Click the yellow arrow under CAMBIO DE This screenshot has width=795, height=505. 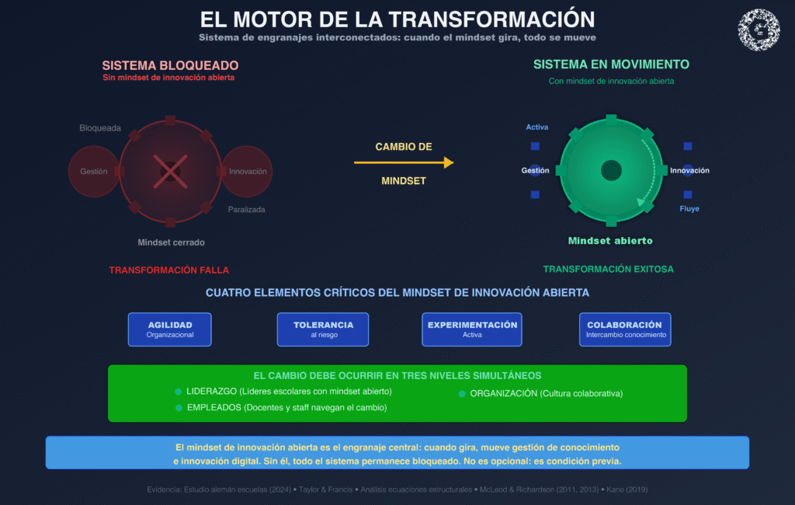(x=403, y=162)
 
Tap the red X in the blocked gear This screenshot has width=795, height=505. (x=169, y=171)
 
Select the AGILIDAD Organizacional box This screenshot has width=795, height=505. (x=170, y=329)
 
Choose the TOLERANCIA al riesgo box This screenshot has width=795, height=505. (x=323, y=329)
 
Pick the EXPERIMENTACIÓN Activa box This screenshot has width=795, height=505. (x=472, y=329)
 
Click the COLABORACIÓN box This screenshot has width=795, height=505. (x=625, y=329)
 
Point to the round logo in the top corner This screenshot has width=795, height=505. (x=759, y=30)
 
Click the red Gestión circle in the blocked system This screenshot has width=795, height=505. (x=94, y=172)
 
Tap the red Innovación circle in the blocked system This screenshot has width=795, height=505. (x=248, y=172)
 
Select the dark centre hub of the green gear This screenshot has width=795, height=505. (x=611, y=170)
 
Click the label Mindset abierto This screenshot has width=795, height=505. (x=610, y=241)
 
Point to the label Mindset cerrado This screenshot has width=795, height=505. (x=171, y=242)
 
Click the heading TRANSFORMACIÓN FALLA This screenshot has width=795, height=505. (x=169, y=270)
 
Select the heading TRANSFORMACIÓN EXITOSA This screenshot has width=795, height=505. (x=609, y=269)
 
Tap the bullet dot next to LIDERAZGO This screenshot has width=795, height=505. (x=179, y=391)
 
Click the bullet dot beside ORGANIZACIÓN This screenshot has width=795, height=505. (x=462, y=394)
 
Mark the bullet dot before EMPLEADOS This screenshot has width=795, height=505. (x=179, y=407)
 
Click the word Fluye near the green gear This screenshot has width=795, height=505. (x=689, y=209)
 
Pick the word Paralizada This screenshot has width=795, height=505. (x=247, y=210)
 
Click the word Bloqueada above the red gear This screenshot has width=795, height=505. (x=100, y=128)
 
